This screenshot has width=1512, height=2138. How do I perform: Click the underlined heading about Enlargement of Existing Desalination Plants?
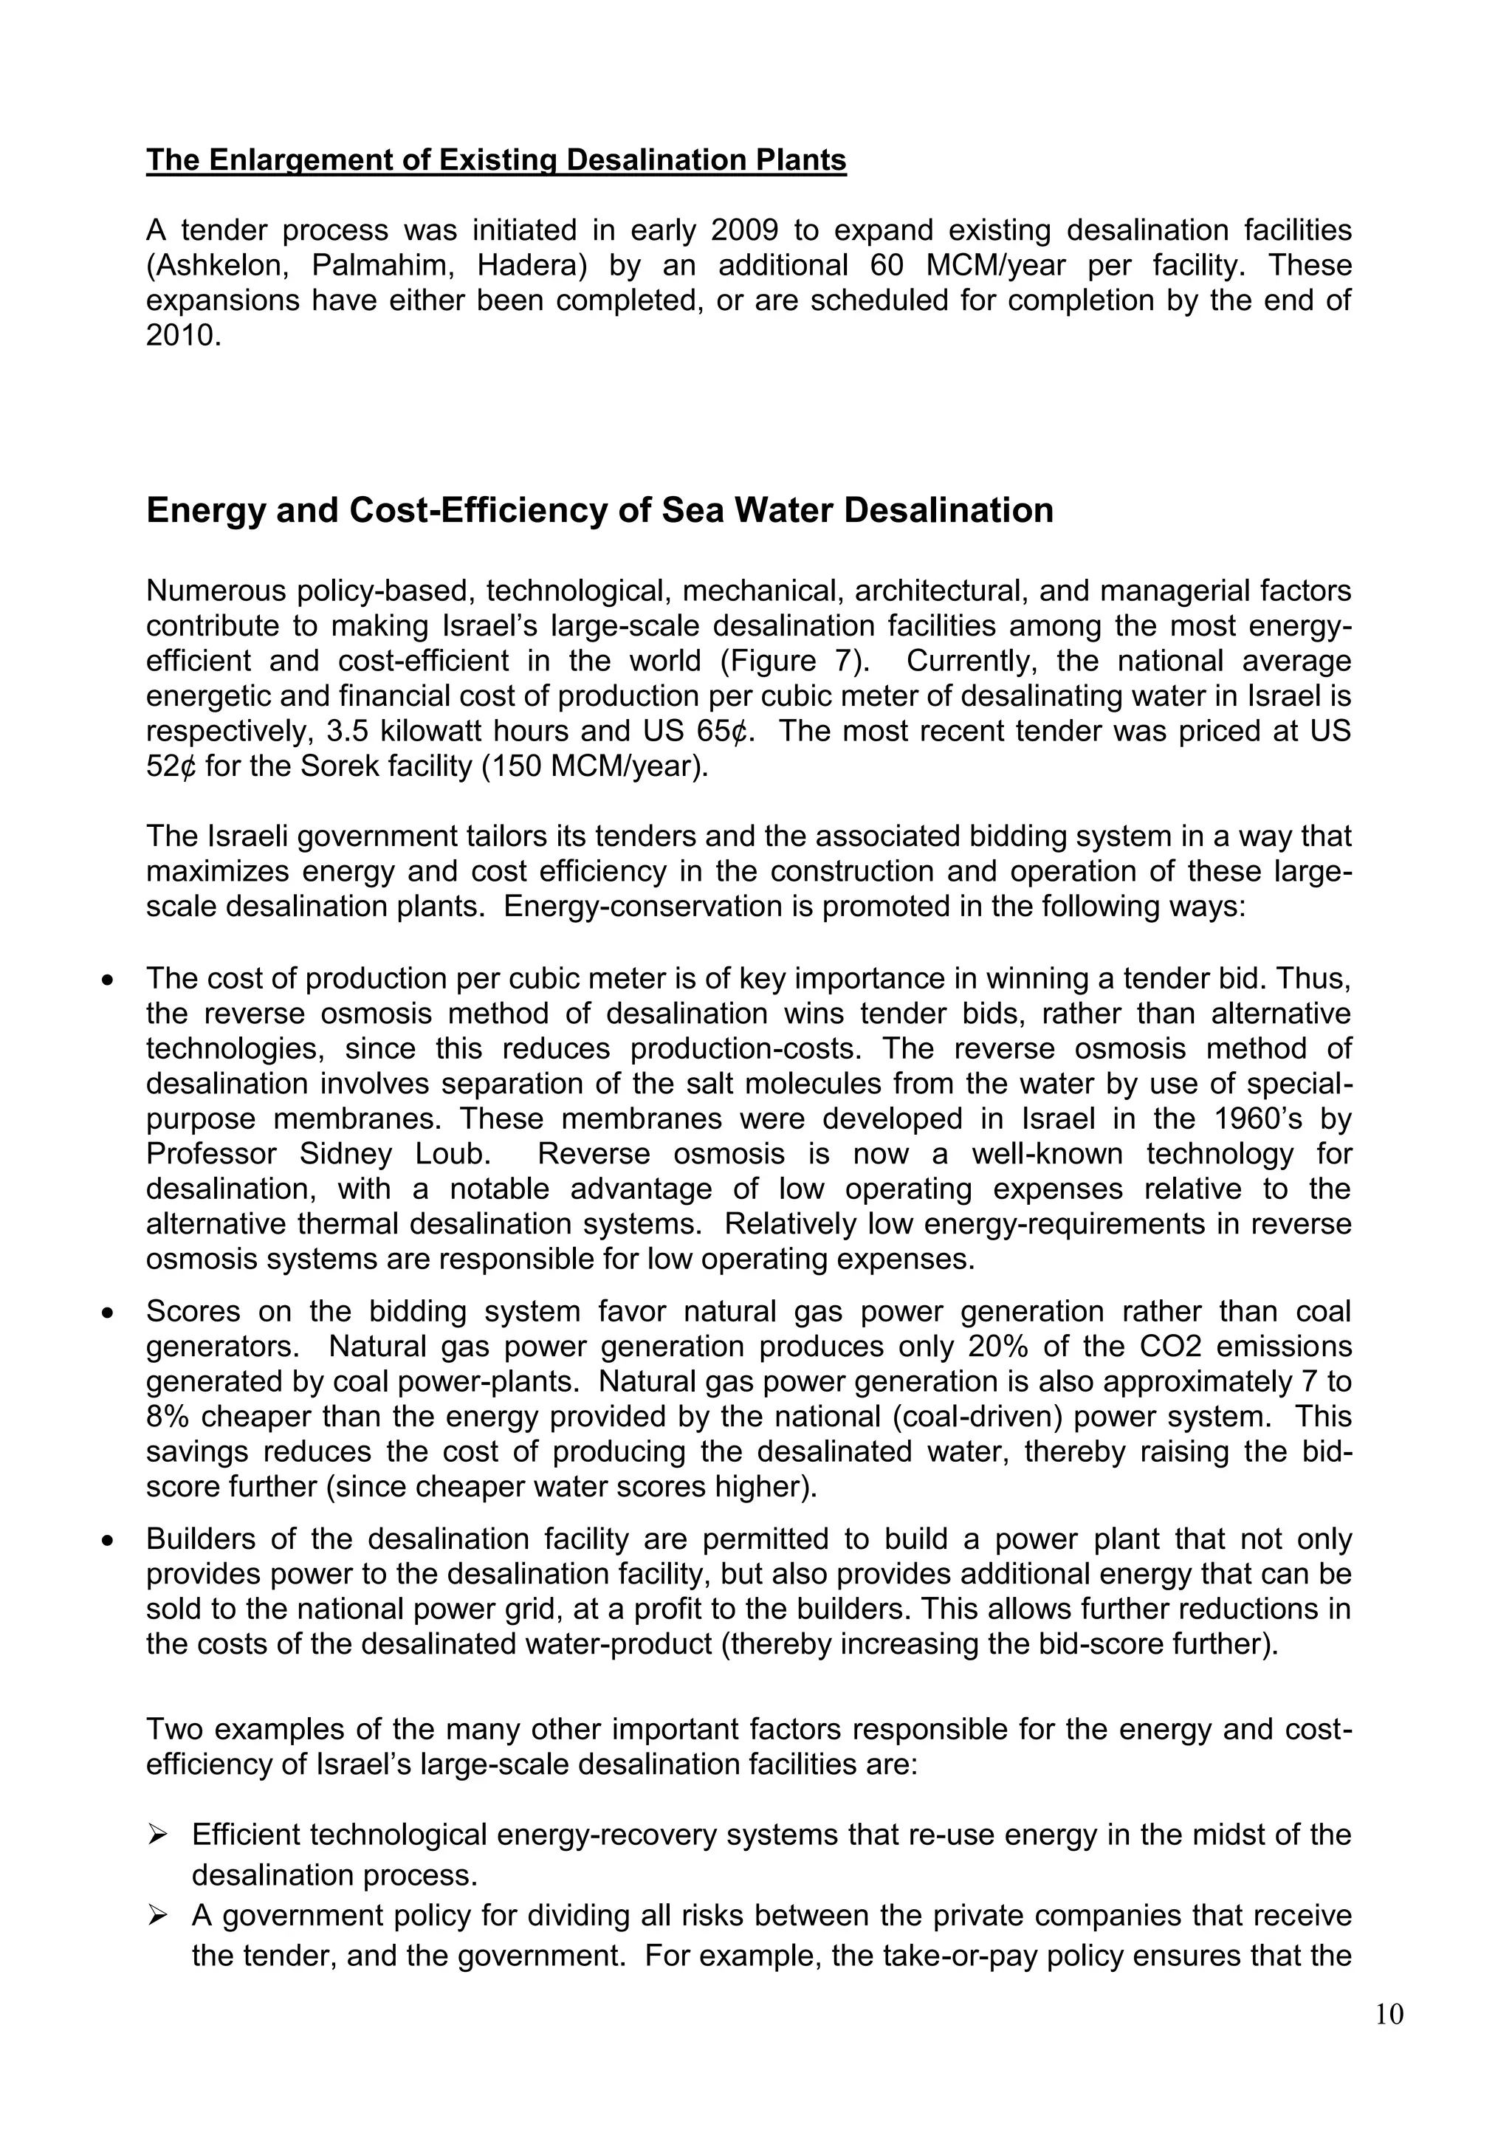coord(495,160)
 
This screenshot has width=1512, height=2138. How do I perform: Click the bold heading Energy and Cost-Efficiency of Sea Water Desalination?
coord(599,510)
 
